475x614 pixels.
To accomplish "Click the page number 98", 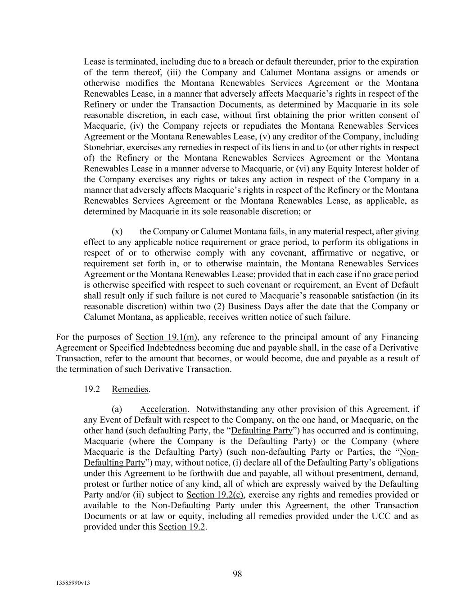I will pyautogui.click(x=237, y=574).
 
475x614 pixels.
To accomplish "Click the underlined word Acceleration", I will pyautogui.click(x=163, y=409).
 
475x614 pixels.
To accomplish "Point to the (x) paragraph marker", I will pyautogui.click(x=117, y=232).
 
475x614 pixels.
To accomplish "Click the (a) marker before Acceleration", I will pyautogui.click(x=117, y=409).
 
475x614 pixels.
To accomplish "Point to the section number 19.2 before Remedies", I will pyautogui.click(x=92, y=389).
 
